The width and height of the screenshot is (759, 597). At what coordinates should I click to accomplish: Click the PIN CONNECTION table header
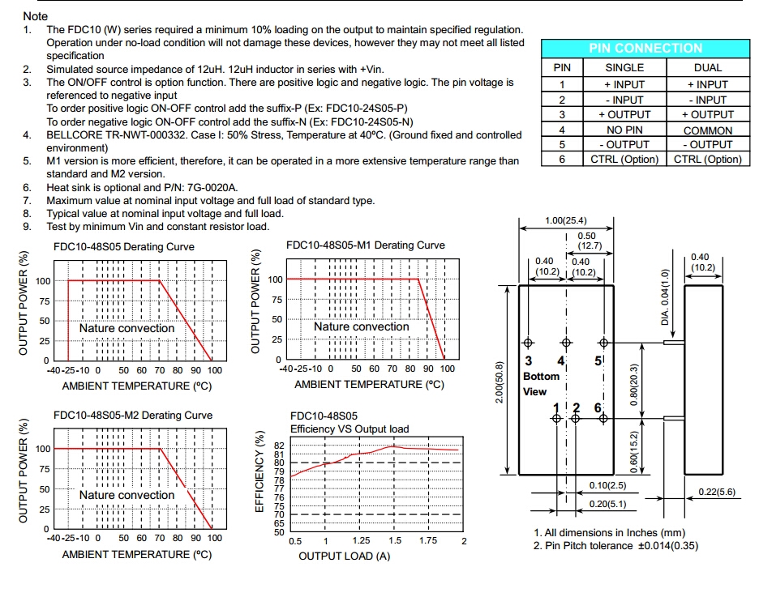tap(645, 49)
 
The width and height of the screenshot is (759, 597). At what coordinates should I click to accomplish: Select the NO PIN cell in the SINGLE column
tap(624, 130)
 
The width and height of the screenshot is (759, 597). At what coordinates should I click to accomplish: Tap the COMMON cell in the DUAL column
tap(707, 130)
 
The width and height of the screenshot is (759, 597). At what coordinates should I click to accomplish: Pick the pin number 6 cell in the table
tap(561, 160)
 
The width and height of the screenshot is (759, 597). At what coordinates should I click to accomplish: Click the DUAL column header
tap(707, 68)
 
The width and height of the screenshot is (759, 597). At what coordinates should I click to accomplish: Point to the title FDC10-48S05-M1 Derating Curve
tap(366, 245)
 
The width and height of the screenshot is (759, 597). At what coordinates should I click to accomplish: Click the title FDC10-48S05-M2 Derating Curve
tap(133, 416)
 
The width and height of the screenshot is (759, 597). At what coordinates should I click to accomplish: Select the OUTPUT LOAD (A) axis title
tap(345, 556)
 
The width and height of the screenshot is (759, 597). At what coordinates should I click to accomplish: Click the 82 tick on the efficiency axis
tap(280, 446)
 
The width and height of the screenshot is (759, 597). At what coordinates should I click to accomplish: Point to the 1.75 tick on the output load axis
tap(427, 540)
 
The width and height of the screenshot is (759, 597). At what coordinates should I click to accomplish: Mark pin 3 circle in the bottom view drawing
tap(529, 343)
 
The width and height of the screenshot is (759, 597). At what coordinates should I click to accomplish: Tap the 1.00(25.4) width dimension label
tap(566, 220)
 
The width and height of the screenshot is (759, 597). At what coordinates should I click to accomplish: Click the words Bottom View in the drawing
tap(541, 384)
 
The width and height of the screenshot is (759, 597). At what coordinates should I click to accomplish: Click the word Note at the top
tap(36, 16)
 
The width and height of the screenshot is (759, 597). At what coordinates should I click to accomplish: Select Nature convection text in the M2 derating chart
tap(126, 495)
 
